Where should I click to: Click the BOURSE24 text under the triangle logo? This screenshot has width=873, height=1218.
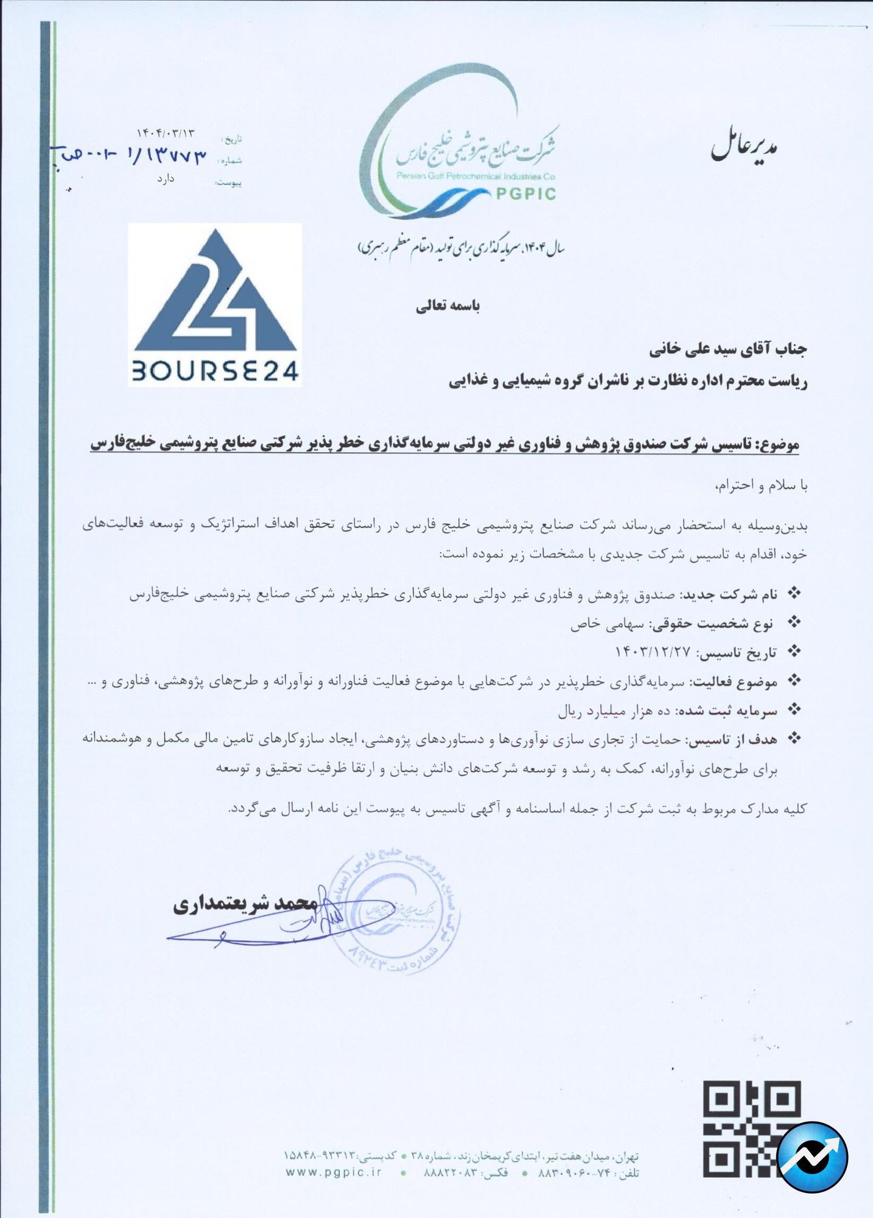pyautogui.click(x=215, y=370)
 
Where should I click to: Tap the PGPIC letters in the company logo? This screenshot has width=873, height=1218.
pyautogui.click(x=525, y=194)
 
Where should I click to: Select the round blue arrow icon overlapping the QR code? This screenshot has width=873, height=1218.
pyautogui.click(x=812, y=1156)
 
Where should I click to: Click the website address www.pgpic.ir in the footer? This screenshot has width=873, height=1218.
pyautogui.click(x=334, y=1172)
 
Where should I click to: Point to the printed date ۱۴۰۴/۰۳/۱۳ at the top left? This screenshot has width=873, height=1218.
pyautogui.click(x=166, y=133)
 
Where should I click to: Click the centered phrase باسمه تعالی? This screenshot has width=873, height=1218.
pyautogui.click(x=448, y=306)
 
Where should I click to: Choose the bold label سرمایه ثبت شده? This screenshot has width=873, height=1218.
pyautogui.click(x=728, y=711)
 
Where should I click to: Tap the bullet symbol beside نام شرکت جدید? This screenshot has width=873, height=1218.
pyautogui.click(x=794, y=593)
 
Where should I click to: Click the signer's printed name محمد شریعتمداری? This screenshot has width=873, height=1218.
pyautogui.click(x=245, y=903)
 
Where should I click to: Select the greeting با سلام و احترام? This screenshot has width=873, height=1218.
pyautogui.click(x=761, y=485)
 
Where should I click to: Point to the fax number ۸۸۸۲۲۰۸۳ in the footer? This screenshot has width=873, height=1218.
pyautogui.click(x=450, y=1172)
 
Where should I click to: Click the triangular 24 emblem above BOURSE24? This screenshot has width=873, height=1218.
pyautogui.click(x=215, y=292)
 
